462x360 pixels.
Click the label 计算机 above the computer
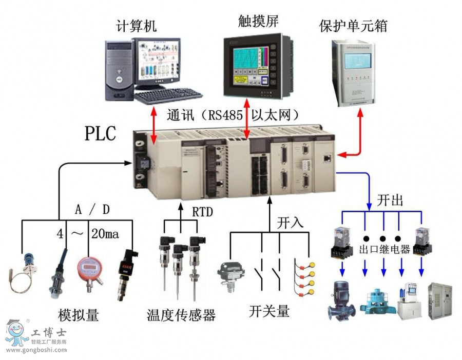(x=137, y=25)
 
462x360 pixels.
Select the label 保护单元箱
(x=353, y=24)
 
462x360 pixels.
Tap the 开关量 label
(x=269, y=311)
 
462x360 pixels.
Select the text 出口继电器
(x=384, y=250)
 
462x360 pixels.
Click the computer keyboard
(x=168, y=95)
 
